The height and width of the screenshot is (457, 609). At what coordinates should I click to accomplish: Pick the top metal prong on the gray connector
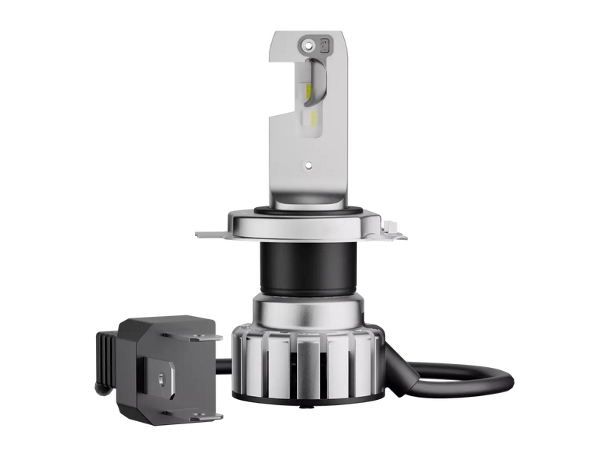[202, 335]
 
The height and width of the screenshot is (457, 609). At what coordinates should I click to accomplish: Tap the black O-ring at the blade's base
[308, 209]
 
